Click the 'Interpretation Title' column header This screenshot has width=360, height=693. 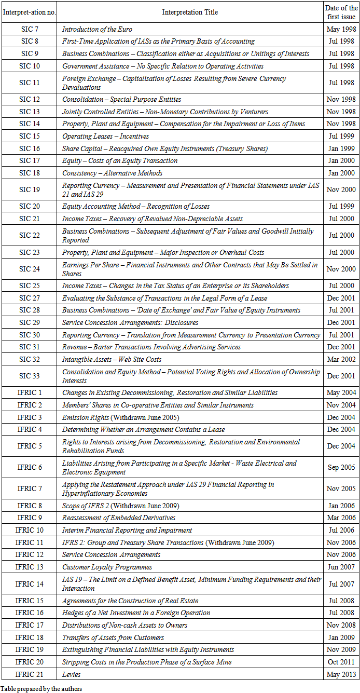[190, 12]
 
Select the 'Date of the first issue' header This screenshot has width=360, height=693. [340, 12]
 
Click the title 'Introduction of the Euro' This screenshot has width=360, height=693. [98, 30]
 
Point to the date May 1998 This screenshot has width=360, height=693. [340, 30]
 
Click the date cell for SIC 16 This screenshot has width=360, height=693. [340, 148]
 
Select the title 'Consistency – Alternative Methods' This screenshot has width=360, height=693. [112, 173]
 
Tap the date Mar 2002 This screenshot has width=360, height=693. [340, 359]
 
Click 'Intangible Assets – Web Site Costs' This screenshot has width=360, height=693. [112, 359]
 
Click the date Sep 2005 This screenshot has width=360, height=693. [340, 467]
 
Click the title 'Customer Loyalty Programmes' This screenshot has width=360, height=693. [107, 567]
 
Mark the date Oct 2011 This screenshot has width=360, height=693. [340, 662]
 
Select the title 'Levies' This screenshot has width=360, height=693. [71, 674]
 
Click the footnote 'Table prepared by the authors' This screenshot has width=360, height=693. [41, 689]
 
